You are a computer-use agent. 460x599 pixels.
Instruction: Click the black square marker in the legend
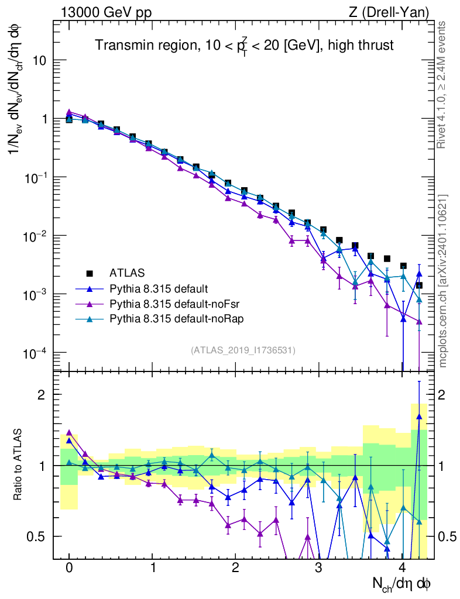(90, 273)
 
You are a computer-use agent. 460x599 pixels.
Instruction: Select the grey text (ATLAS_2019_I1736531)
(243, 350)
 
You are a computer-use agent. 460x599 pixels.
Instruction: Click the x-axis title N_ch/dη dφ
(402, 584)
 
